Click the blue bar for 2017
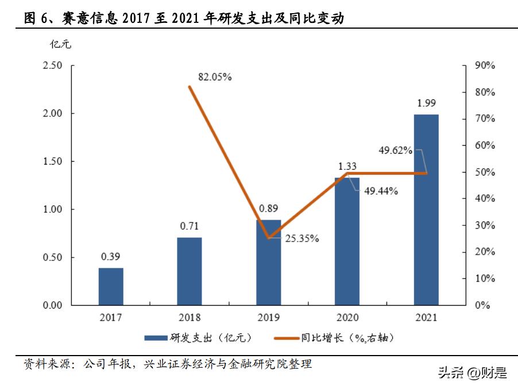click(110, 286)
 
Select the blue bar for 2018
click(189, 271)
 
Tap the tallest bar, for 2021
click(426, 209)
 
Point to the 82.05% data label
click(214, 77)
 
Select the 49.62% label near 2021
click(395, 150)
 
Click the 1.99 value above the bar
click(426, 104)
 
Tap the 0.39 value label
click(110, 256)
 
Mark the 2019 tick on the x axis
click(268, 317)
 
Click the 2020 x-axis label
click(347, 317)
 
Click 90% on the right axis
click(485, 65)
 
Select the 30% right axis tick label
click(485, 225)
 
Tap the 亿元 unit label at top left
click(60, 44)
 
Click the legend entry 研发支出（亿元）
click(198, 338)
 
